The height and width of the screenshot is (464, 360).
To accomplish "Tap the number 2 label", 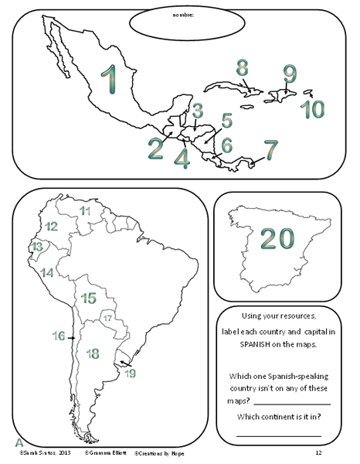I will pyautogui.click(x=156, y=148).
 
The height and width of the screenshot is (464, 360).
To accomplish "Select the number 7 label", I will pyautogui.click(x=270, y=148).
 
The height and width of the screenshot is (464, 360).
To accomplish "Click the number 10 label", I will pyautogui.click(x=313, y=109).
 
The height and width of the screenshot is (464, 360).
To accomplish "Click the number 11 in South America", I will pyautogui.click(x=85, y=210).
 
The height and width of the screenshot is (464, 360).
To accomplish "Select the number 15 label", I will pyautogui.click(x=88, y=298).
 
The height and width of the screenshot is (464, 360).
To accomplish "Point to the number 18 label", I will pyautogui.click(x=93, y=353).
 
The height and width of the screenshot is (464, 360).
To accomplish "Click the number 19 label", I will pyautogui.click(x=130, y=373).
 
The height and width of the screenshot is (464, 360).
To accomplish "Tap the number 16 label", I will pyautogui.click(x=59, y=336).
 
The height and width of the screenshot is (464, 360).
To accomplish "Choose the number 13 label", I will pyautogui.click(x=37, y=247).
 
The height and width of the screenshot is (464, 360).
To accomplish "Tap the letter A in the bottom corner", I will pyautogui.click(x=18, y=442).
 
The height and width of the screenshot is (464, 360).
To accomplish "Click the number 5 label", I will pyautogui.click(x=226, y=121).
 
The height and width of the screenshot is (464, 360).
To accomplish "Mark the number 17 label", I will pyautogui.click(x=108, y=318).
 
